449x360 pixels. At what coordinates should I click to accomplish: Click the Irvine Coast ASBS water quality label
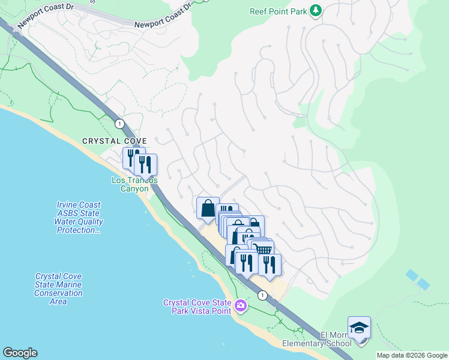[x=76, y=217]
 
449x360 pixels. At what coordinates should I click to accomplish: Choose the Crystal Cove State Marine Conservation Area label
[x=58, y=289]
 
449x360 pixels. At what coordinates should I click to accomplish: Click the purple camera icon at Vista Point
[x=241, y=307]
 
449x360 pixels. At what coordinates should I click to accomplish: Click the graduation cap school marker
[x=359, y=328]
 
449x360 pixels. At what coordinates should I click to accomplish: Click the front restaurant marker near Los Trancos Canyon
[x=145, y=164]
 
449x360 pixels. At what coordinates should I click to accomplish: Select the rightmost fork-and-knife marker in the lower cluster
[x=270, y=265]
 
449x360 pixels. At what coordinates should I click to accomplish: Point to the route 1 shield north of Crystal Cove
[x=120, y=124]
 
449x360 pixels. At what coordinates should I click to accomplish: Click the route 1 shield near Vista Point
[x=262, y=295]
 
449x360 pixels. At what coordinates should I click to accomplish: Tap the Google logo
[x=20, y=353]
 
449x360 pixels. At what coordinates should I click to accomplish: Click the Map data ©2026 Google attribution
[x=411, y=355]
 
